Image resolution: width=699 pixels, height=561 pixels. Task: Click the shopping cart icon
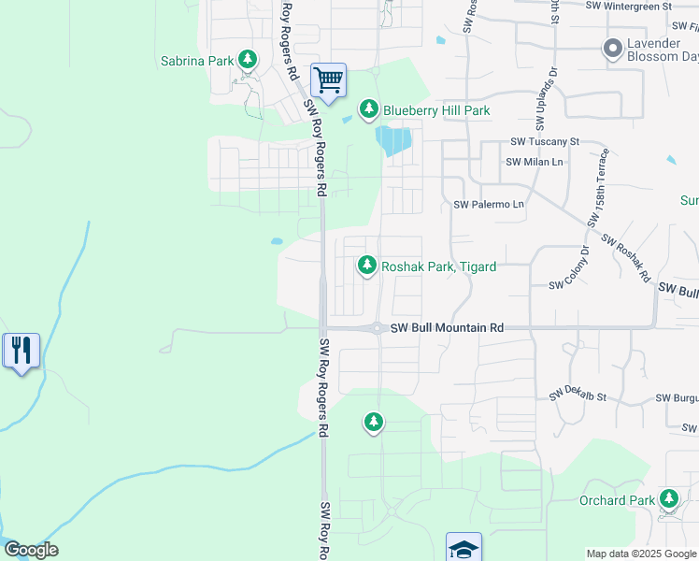(328, 80)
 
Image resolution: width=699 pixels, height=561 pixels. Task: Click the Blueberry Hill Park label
(436, 110)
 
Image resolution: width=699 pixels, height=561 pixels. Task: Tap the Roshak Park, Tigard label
(438, 266)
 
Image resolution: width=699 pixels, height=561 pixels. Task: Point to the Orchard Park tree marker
(669, 499)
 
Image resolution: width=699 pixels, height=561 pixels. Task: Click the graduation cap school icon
(464, 548)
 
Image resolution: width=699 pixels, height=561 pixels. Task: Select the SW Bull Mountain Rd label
(448, 328)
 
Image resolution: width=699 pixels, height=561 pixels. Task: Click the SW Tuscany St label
(545, 142)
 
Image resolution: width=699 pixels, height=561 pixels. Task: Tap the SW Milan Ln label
(535, 162)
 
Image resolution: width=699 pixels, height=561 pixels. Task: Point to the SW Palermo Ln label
(489, 204)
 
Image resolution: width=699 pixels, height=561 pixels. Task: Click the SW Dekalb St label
(578, 394)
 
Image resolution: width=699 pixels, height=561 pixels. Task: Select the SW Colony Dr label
(570, 268)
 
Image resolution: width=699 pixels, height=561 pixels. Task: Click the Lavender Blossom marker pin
(613, 48)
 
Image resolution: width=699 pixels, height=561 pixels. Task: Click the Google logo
(31, 550)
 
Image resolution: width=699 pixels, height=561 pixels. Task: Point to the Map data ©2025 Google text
(641, 554)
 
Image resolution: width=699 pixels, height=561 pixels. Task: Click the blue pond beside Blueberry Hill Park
(393, 141)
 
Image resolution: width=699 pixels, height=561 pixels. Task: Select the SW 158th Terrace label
(600, 187)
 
